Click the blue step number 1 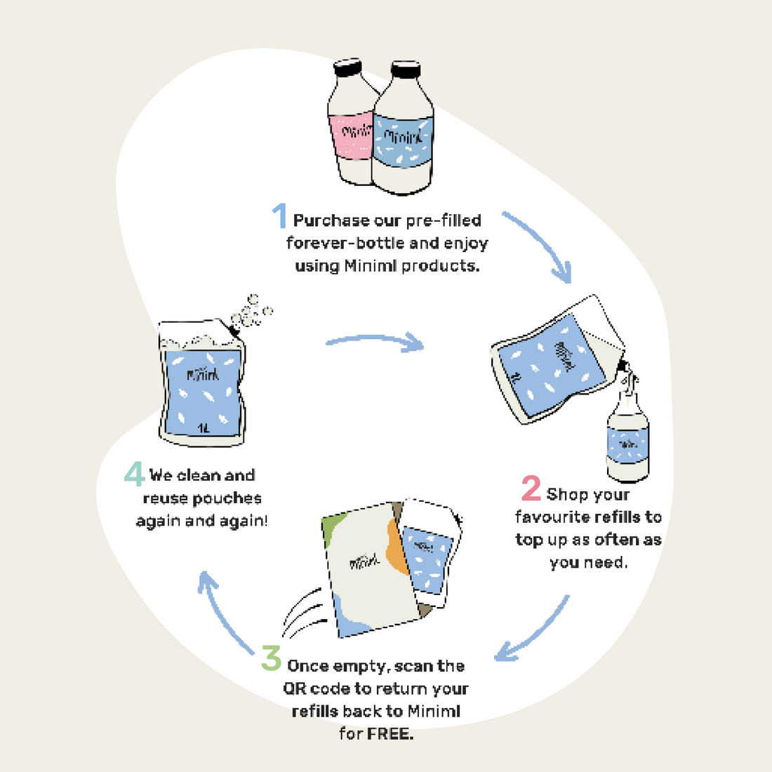tap(279, 215)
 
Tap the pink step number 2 tap(531, 488)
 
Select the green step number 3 tap(271, 658)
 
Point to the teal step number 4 tap(134, 474)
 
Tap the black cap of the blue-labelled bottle tap(405, 69)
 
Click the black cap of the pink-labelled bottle tap(348, 68)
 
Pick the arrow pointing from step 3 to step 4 tap(225, 611)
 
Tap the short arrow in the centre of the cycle tap(375, 342)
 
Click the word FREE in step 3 tap(390, 735)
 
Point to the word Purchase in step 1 tap(331, 220)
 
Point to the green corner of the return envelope tap(334, 523)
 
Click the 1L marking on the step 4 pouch tap(204, 427)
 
